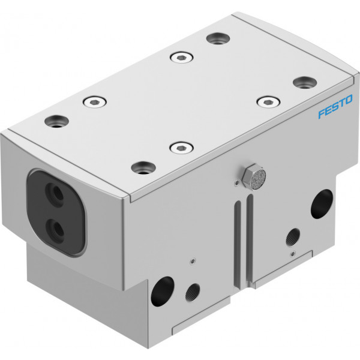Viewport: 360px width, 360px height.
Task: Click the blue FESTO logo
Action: pos(335,107)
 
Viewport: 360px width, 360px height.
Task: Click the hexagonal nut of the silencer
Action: pos(248,175)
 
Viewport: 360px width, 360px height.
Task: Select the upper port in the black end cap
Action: pos(54,193)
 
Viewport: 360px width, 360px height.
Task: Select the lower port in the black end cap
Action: pos(55,230)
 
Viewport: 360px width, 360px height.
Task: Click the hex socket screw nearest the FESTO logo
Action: pos(268,101)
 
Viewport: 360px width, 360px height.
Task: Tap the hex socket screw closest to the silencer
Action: pos(181,147)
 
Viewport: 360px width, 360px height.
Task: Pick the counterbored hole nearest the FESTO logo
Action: pos(305,83)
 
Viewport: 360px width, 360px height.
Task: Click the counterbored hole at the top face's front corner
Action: pos(143,167)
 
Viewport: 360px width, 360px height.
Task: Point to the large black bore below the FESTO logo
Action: pos(322,203)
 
